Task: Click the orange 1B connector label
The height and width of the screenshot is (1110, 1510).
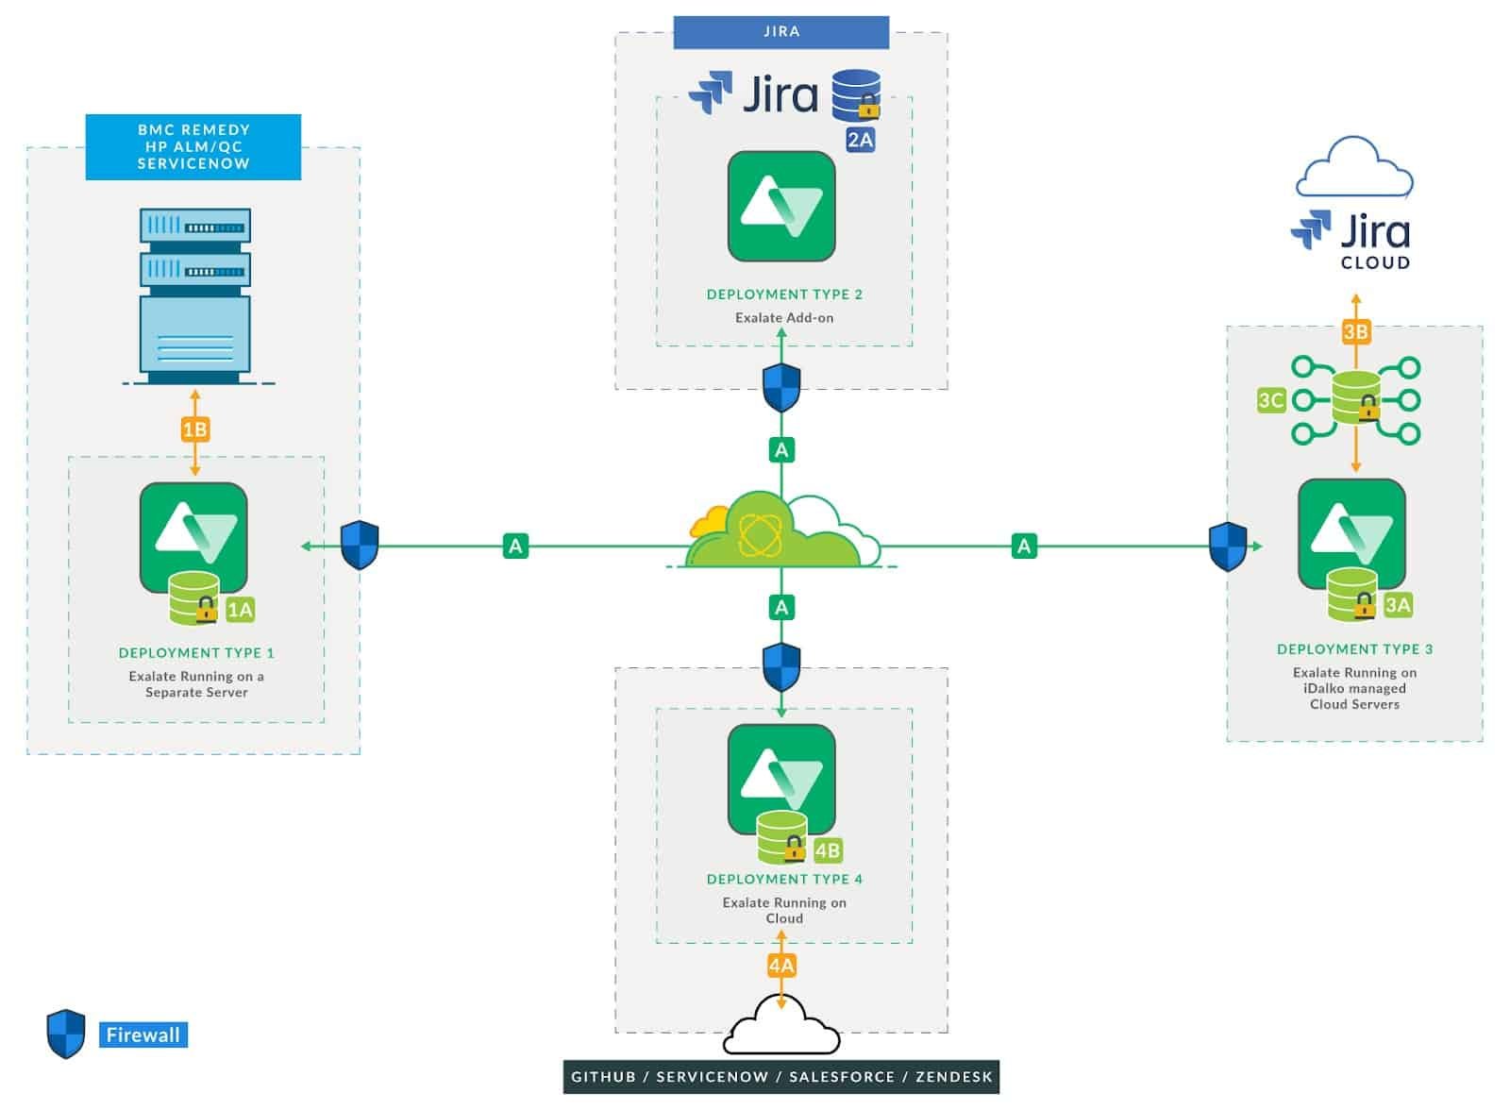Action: (194, 430)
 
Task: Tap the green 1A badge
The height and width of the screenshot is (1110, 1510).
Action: (241, 610)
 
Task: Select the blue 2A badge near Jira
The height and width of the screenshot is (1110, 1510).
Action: (860, 140)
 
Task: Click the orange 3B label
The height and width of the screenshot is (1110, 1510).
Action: (1355, 331)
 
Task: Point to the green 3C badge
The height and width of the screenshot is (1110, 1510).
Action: (1270, 400)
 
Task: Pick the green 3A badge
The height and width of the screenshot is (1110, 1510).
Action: (1397, 606)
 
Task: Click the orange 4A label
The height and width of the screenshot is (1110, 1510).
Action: (781, 966)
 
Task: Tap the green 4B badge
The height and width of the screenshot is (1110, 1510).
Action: (827, 850)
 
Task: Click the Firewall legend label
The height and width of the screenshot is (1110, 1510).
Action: (143, 1035)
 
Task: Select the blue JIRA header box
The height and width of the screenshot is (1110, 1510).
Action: (780, 32)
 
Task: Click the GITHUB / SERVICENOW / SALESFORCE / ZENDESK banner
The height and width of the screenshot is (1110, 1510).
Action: (780, 1077)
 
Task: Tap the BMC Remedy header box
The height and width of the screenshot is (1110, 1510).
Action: (193, 146)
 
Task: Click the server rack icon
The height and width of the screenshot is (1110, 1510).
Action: (195, 293)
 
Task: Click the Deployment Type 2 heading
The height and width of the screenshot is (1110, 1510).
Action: (784, 294)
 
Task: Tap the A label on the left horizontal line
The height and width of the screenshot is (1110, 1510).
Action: (515, 546)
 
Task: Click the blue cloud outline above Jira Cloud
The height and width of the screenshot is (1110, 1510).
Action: (1354, 168)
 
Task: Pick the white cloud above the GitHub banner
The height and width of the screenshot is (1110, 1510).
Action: (781, 1027)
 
